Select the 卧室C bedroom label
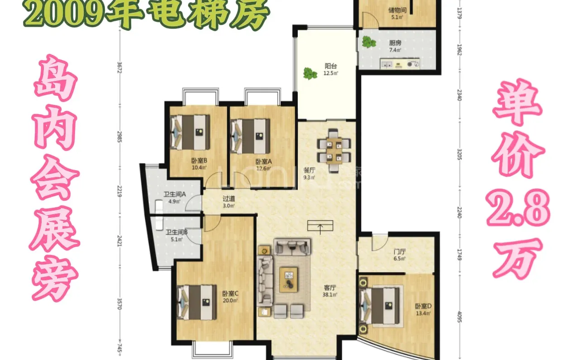click(x=230, y=293)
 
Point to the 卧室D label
click(x=423, y=306)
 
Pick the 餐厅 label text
click(x=309, y=170)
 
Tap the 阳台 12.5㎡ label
click(x=331, y=66)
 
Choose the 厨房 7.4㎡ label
click(x=395, y=44)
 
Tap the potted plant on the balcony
click(x=310, y=73)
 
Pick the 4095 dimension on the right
click(x=459, y=316)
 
